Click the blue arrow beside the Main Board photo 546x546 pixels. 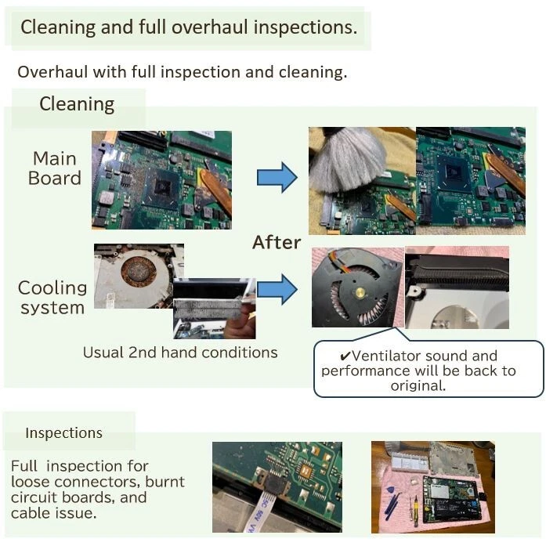coord(277,177)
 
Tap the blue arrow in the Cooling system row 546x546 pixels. coord(277,289)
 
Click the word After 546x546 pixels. coord(277,242)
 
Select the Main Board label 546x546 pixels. coord(54,168)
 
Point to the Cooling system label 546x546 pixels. coord(52,298)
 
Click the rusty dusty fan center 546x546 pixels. coord(138,272)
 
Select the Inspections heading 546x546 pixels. coord(63,433)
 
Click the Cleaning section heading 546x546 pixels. coord(77,104)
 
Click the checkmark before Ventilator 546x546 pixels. coord(345,356)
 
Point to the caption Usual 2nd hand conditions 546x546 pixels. coord(180,353)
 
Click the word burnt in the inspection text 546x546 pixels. coord(165,482)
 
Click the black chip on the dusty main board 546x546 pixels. coord(162,188)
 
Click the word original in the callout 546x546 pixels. coord(418,386)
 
